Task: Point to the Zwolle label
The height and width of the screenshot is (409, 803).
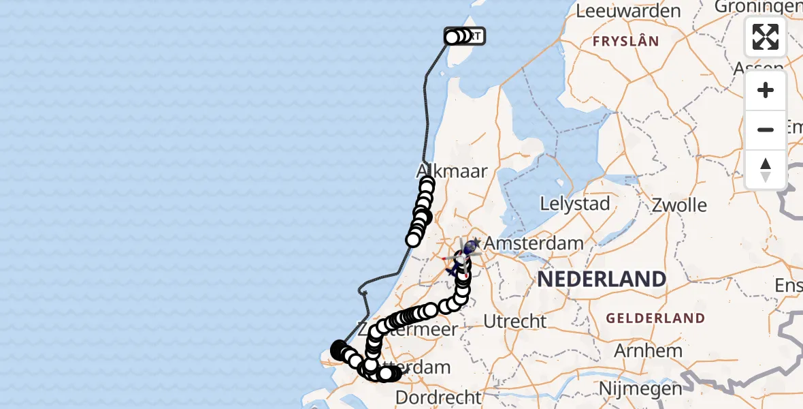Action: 679,204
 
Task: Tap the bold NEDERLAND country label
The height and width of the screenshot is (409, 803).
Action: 602,279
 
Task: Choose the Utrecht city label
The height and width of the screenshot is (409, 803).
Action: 515,320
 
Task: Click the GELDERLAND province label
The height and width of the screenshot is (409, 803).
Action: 655,318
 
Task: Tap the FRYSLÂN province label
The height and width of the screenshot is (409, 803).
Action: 625,41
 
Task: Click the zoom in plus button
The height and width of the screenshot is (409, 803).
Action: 766,91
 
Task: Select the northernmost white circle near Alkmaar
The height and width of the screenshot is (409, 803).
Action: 427,183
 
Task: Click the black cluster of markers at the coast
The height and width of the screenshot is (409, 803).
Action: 340,350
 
